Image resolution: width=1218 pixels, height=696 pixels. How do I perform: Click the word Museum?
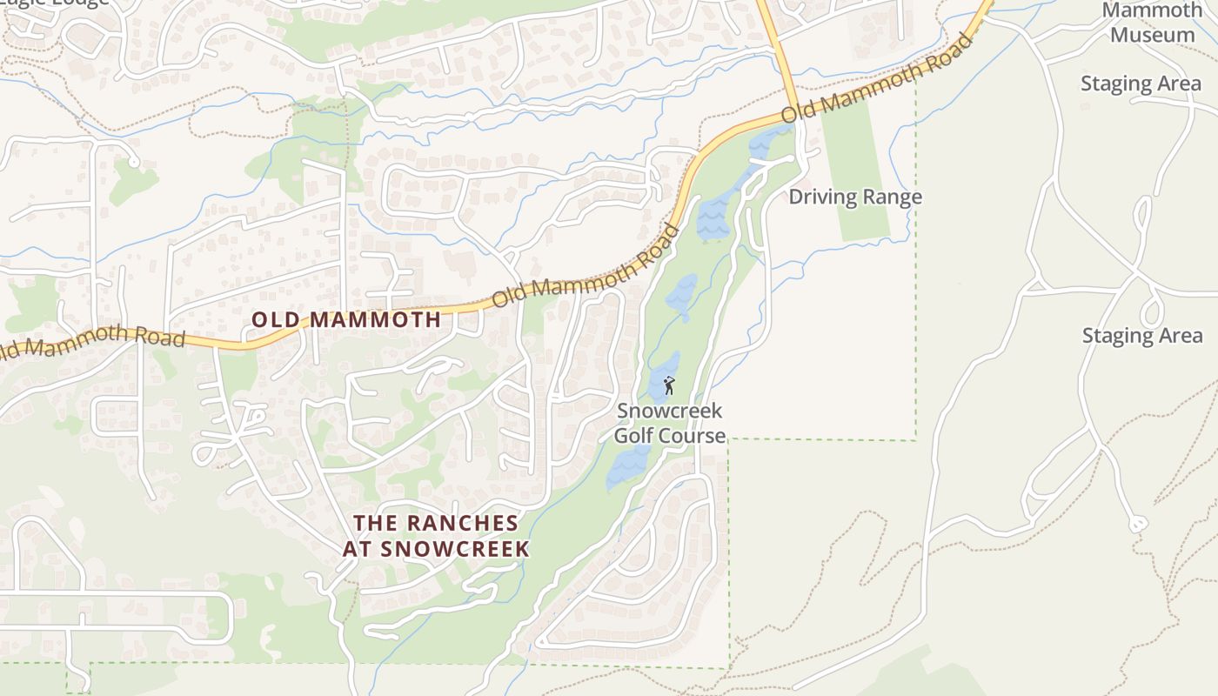point(1153,36)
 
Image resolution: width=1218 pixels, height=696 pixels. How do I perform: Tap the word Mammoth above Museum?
point(1153,11)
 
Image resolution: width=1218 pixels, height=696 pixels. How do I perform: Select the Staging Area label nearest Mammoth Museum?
point(1141,84)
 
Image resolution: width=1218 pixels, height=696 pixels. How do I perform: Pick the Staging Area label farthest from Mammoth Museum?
point(1142,336)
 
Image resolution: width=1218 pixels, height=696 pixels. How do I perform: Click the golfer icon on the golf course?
point(668,385)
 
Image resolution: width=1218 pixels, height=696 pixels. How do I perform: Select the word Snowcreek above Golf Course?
point(670,411)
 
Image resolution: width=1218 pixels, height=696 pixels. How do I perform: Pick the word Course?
point(693,435)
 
